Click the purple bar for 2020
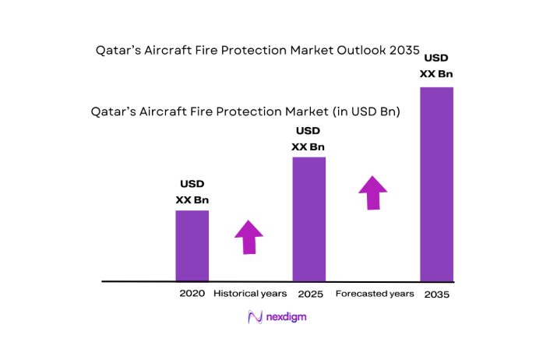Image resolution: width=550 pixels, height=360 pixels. (x=192, y=245)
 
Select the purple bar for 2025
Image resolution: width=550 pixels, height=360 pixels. (x=308, y=219)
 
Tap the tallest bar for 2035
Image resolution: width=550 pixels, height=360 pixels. (x=436, y=184)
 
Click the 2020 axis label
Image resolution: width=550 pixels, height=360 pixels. (x=192, y=294)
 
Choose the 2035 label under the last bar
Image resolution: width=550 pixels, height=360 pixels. (x=437, y=295)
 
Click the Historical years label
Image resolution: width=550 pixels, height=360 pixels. (x=250, y=294)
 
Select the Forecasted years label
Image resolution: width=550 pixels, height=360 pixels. (x=374, y=294)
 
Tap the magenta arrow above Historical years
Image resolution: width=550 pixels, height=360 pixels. (x=249, y=237)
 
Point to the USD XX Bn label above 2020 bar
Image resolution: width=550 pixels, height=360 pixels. (x=192, y=192)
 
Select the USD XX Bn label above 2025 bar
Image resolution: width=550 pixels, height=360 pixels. (x=308, y=138)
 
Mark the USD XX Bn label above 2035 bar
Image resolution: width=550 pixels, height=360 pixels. (x=437, y=66)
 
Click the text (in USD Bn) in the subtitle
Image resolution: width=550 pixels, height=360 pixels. (x=366, y=112)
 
